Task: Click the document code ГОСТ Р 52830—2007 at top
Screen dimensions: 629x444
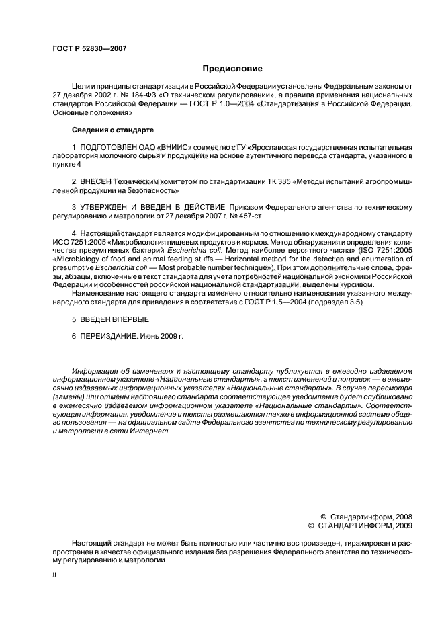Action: coord(89,49)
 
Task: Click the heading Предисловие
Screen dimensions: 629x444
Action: coord(232,69)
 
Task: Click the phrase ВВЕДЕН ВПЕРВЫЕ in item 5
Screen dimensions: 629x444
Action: coord(106,320)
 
